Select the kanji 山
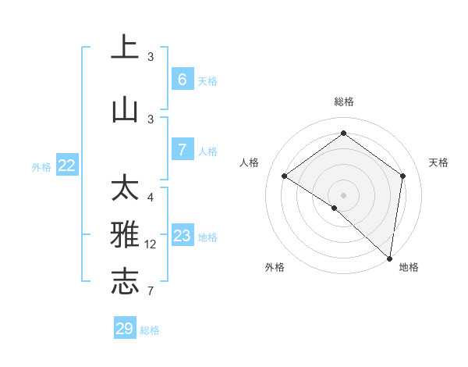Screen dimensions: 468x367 click(x=125, y=109)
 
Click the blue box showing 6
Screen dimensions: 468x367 click(x=182, y=79)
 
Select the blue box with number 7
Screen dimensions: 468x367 click(x=182, y=150)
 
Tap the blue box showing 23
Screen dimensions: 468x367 click(x=182, y=235)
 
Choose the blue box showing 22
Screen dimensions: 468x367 click(x=67, y=166)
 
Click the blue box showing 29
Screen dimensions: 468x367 click(x=125, y=329)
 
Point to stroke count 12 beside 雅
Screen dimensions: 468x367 click(x=151, y=244)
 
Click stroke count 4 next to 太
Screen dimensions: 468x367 click(x=151, y=197)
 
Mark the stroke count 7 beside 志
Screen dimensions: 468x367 click(x=151, y=291)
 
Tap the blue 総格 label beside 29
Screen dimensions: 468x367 click(x=150, y=330)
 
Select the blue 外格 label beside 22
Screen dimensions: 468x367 click(x=41, y=166)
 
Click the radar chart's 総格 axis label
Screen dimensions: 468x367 click(x=343, y=102)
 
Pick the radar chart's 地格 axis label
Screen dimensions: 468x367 click(x=409, y=267)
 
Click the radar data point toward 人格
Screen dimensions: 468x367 click(x=285, y=176)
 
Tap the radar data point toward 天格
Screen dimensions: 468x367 click(x=402, y=176)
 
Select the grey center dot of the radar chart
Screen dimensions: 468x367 click(x=343, y=194)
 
